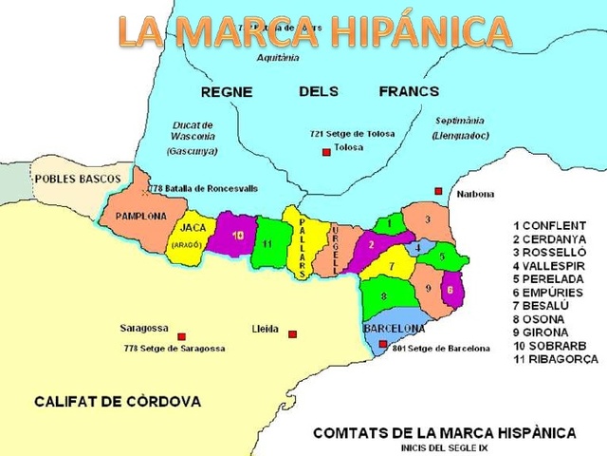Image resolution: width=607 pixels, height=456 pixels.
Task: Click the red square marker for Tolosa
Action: pyautogui.click(x=325, y=151)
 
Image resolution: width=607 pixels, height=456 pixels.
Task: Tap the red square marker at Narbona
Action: pyautogui.click(x=438, y=191)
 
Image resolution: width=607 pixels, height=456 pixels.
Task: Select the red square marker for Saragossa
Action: pyautogui.click(x=181, y=336)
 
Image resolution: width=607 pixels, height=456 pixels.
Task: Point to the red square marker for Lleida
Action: pyautogui.click(x=293, y=333)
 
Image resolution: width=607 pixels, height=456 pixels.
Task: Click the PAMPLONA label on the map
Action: pyautogui.click(x=141, y=216)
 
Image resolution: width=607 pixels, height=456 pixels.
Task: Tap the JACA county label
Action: pyautogui.click(x=193, y=228)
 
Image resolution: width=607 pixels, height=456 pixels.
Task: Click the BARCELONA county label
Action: pyautogui.click(x=394, y=328)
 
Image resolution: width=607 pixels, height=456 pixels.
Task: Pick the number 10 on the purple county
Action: pyautogui.click(x=237, y=235)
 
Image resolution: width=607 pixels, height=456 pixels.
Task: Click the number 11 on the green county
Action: pyautogui.click(x=268, y=244)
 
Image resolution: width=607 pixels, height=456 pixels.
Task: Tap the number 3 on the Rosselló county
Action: pyautogui.click(x=428, y=219)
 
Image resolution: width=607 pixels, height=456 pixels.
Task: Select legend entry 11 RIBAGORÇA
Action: pyautogui.click(x=556, y=360)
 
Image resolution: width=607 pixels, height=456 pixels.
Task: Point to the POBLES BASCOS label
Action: pyautogui.click(x=78, y=179)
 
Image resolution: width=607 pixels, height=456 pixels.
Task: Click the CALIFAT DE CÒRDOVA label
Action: pyautogui.click(x=118, y=402)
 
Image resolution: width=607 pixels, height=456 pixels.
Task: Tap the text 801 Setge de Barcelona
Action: pyautogui.click(x=442, y=349)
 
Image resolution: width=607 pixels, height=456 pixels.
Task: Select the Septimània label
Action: pyautogui.click(x=460, y=122)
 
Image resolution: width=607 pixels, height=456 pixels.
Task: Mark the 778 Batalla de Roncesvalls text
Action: pyautogui.click(x=203, y=189)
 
